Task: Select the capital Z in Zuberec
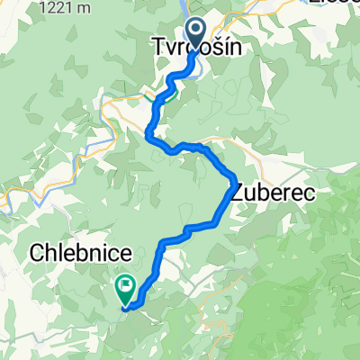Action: (238, 191)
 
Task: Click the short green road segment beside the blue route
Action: (148, 94)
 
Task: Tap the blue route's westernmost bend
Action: (148, 134)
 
